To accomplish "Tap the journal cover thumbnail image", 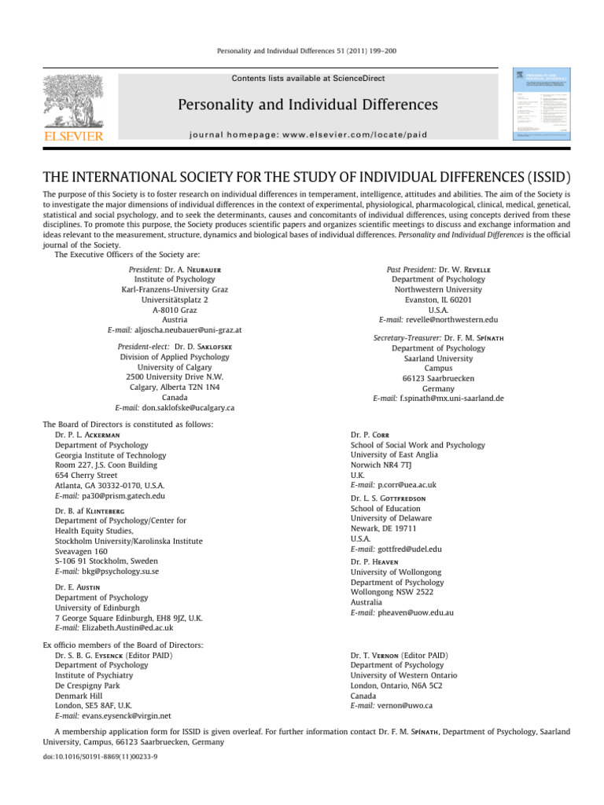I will (x=543, y=104).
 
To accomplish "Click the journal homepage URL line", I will (x=308, y=134).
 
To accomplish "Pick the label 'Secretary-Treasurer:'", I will (x=406, y=337).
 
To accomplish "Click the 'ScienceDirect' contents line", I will (x=308, y=79).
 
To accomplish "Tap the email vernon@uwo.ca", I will (x=402, y=705).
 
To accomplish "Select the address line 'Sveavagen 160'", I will (x=81, y=551).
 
